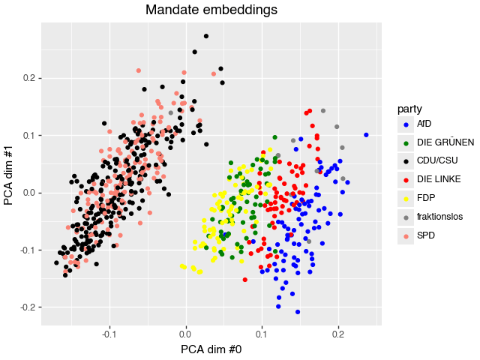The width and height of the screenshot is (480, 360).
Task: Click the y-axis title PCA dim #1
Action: (x=10, y=173)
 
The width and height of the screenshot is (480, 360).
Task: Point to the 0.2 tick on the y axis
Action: (x=27, y=78)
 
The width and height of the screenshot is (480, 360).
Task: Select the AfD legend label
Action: (x=424, y=124)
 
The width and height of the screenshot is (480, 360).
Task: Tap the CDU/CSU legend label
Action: (x=437, y=160)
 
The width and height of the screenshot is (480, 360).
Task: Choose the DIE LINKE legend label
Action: (x=439, y=179)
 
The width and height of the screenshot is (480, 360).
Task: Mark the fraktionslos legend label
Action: (x=440, y=216)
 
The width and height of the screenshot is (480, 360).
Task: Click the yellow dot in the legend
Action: (x=406, y=198)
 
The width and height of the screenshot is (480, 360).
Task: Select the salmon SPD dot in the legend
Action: (x=406, y=235)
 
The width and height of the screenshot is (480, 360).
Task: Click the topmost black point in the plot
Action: (x=206, y=36)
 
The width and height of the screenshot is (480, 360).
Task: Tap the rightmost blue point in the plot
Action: (x=366, y=135)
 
